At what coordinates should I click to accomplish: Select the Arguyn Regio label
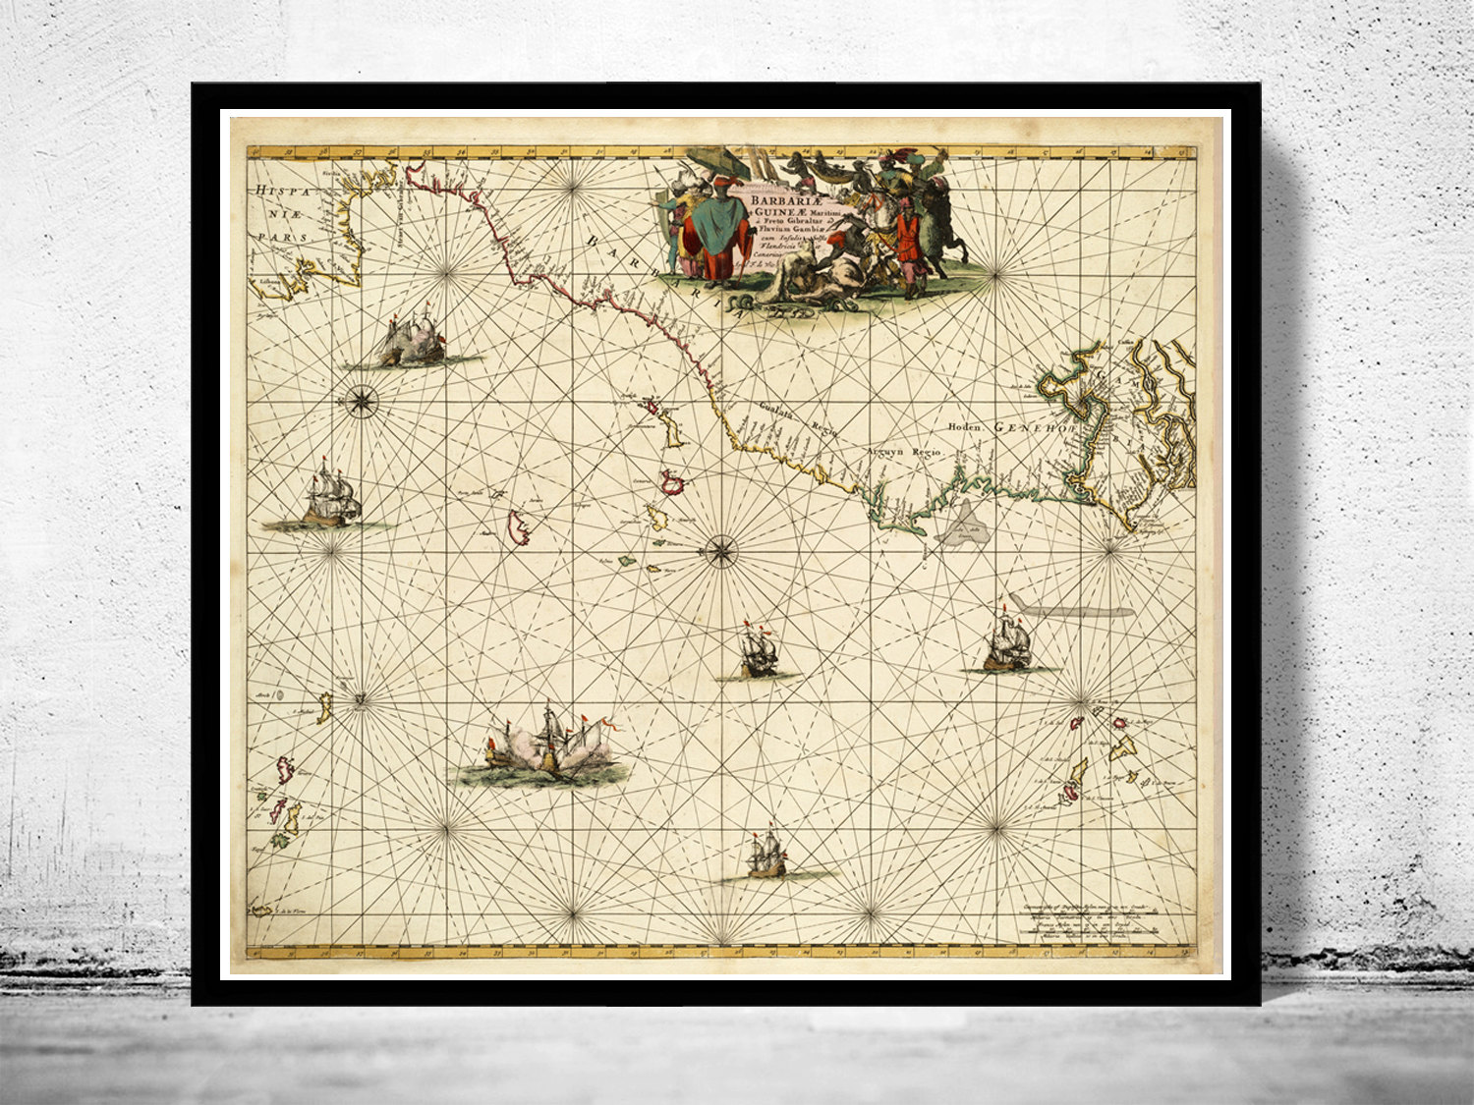[903, 451]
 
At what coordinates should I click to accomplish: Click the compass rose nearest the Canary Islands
[721, 551]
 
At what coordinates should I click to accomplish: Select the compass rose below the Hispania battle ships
[361, 400]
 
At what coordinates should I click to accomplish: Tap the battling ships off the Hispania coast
[411, 340]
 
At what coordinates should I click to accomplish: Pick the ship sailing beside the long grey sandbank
[1007, 644]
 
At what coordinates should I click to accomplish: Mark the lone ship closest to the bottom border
[766, 855]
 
